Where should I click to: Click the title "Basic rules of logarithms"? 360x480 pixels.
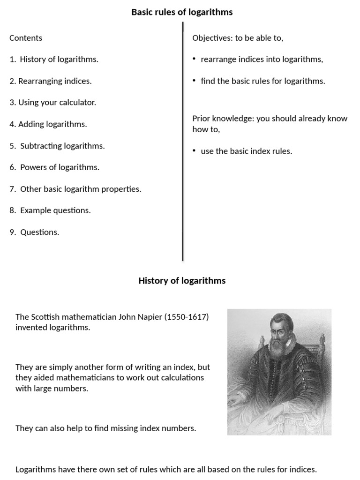(x=182, y=12)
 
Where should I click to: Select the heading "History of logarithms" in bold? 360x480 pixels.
(x=182, y=281)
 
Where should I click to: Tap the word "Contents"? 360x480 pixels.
(x=26, y=38)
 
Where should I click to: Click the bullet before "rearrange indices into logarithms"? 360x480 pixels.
(x=194, y=59)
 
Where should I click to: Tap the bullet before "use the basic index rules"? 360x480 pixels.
(x=194, y=151)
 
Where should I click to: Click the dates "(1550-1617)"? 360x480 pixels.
(x=186, y=317)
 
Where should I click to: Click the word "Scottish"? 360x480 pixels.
(x=46, y=317)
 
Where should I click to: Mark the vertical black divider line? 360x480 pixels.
(x=183, y=141)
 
